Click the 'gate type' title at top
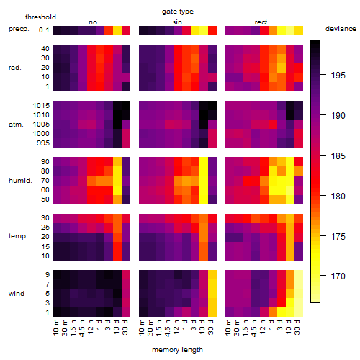point(178,12)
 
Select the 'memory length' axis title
point(177,350)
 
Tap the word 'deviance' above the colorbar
point(341,29)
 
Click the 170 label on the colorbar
point(338,276)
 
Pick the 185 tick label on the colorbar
point(338,156)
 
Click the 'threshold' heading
point(40,17)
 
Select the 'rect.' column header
point(262,22)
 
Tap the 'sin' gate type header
point(177,22)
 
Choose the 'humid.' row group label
point(20,181)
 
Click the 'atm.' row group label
point(16,125)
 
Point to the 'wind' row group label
point(17,293)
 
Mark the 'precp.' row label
point(19,29)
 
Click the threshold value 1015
point(41,106)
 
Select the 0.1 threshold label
point(44,30)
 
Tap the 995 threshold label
point(43,143)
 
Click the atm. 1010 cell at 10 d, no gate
point(117,115)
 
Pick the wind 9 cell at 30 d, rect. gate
point(299,275)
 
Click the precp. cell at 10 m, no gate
point(57,31)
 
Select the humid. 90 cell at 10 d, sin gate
point(204,162)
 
